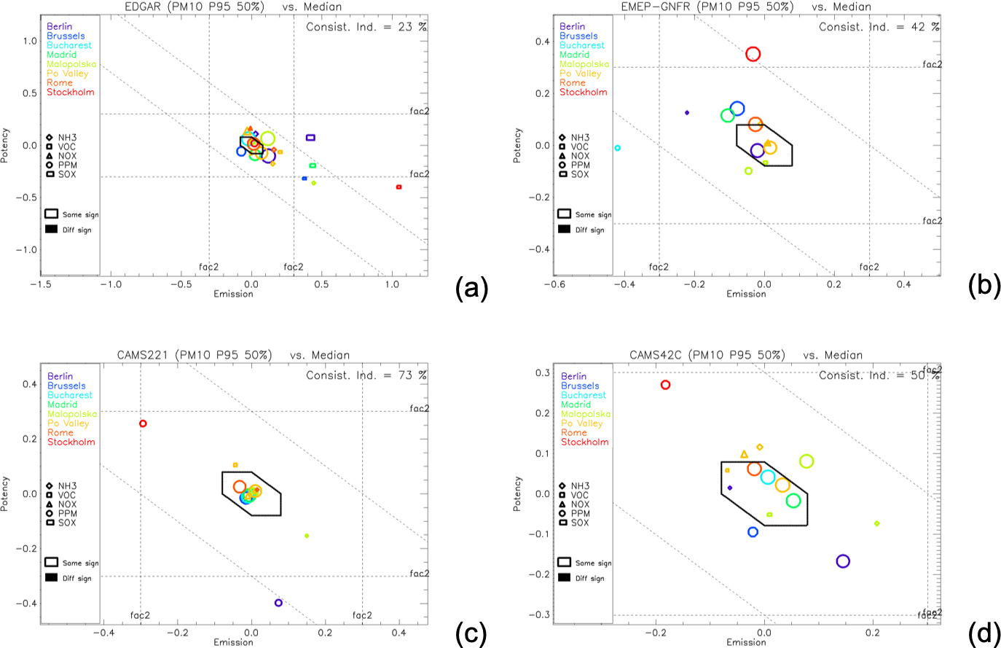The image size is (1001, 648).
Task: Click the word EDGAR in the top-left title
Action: point(141,7)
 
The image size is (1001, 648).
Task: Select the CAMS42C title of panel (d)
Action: point(653,356)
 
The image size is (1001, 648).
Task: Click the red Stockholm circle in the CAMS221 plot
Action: point(143,423)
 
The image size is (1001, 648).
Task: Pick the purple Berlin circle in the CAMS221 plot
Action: point(278,603)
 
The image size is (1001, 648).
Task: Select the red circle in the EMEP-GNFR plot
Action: point(753,54)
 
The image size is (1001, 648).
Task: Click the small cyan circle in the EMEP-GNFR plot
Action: point(617,148)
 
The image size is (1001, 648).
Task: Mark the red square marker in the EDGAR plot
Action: point(399,187)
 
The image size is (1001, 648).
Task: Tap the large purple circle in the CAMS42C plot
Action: point(843,561)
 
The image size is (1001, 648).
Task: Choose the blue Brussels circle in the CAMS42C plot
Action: point(753,532)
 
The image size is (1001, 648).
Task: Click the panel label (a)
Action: point(471,289)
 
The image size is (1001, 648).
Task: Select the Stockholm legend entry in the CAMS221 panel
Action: point(71,442)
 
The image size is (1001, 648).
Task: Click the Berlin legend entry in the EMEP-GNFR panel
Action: point(572,27)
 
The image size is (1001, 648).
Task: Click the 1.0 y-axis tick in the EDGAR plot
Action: point(29,41)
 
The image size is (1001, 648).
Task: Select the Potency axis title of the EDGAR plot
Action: point(7,144)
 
